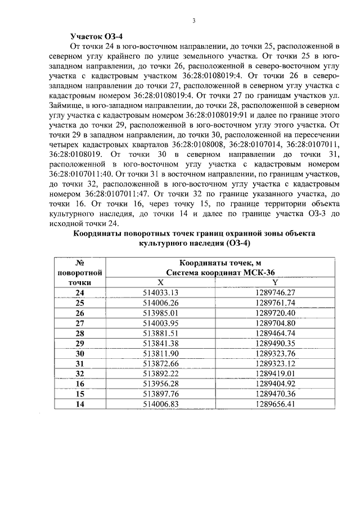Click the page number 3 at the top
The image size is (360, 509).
(x=193, y=21)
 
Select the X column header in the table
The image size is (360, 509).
(x=161, y=282)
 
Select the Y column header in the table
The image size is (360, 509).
(x=274, y=282)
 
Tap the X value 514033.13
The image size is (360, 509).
(x=161, y=292)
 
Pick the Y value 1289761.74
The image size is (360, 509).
(x=274, y=303)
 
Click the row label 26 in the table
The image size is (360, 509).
(x=79, y=313)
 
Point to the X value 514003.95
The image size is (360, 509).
(x=161, y=323)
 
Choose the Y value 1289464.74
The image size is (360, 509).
(x=274, y=333)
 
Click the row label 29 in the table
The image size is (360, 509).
(x=79, y=343)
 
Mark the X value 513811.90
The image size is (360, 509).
(x=161, y=353)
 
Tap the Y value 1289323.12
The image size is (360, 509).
(x=274, y=363)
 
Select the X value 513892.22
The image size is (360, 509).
(x=161, y=373)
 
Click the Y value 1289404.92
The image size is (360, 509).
(x=274, y=384)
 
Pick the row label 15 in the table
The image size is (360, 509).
(x=79, y=394)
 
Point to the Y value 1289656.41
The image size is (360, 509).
(x=274, y=404)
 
